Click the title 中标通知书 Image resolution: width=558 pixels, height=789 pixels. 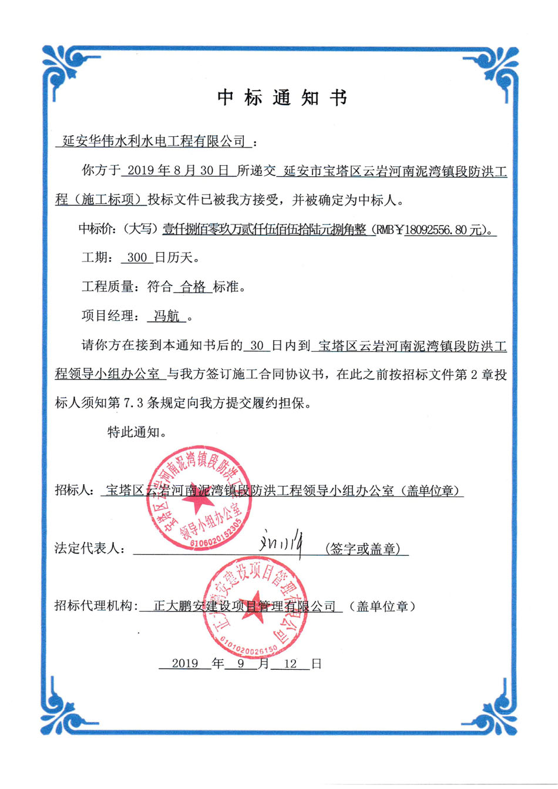click(x=282, y=98)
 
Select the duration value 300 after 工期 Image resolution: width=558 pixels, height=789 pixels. click(x=136, y=257)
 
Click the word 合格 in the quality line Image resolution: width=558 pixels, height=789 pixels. click(x=193, y=287)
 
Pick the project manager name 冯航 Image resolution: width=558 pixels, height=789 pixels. click(x=167, y=316)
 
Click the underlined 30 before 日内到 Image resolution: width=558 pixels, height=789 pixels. click(x=256, y=345)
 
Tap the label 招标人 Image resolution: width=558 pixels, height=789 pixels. click(x=72, y=490)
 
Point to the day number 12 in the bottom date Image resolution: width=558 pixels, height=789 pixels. click(x=290, y=663)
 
